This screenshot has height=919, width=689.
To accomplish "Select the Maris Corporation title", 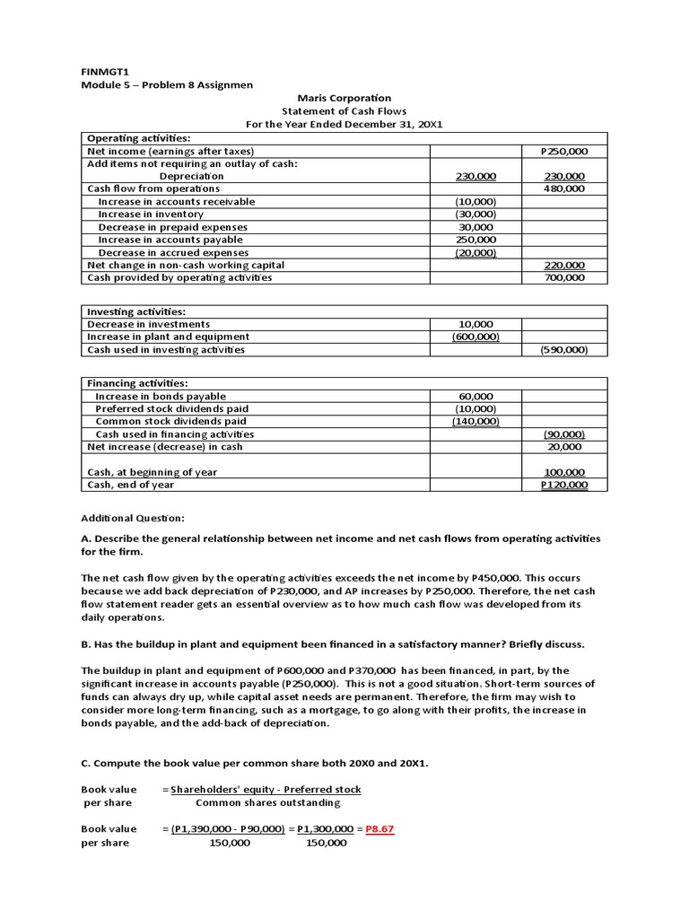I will point(344,98).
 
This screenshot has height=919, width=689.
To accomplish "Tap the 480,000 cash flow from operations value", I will point(564,189).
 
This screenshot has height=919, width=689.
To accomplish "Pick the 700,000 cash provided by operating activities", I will point(564,277).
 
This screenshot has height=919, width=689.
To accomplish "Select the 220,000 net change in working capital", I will point(564,265).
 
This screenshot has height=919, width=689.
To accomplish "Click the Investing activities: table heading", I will point(135,311).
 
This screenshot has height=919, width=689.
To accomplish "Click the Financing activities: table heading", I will point(137,383).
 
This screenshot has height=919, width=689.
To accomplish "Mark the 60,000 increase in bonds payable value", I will point(475,396).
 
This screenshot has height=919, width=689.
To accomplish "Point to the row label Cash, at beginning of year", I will point(152,472).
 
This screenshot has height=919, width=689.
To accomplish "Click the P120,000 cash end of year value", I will point(563,485).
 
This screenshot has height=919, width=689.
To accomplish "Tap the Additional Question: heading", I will point(133,519).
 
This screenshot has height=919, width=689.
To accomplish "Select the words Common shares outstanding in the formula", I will point(267,802).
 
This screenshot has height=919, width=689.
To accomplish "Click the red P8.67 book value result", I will point(379,829).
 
